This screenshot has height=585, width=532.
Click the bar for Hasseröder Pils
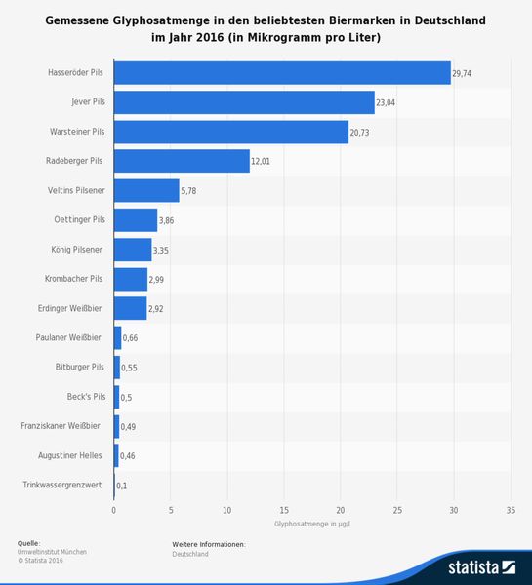282,72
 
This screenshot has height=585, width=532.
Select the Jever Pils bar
244,101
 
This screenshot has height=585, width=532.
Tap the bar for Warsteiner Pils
230,131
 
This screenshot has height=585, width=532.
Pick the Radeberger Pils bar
182,161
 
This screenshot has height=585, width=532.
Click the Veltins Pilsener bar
146,190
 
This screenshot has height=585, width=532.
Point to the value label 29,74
464,73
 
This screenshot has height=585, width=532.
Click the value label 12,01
262,161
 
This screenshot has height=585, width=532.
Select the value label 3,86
168,220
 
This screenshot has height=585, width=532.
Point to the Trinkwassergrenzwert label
61,485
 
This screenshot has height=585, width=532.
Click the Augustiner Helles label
69,455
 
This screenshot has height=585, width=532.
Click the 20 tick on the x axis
341,510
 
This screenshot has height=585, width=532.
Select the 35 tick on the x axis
511,510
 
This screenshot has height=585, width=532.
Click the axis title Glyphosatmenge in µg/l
312,525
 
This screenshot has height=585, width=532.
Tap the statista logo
480,566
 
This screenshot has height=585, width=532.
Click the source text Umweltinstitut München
52,552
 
